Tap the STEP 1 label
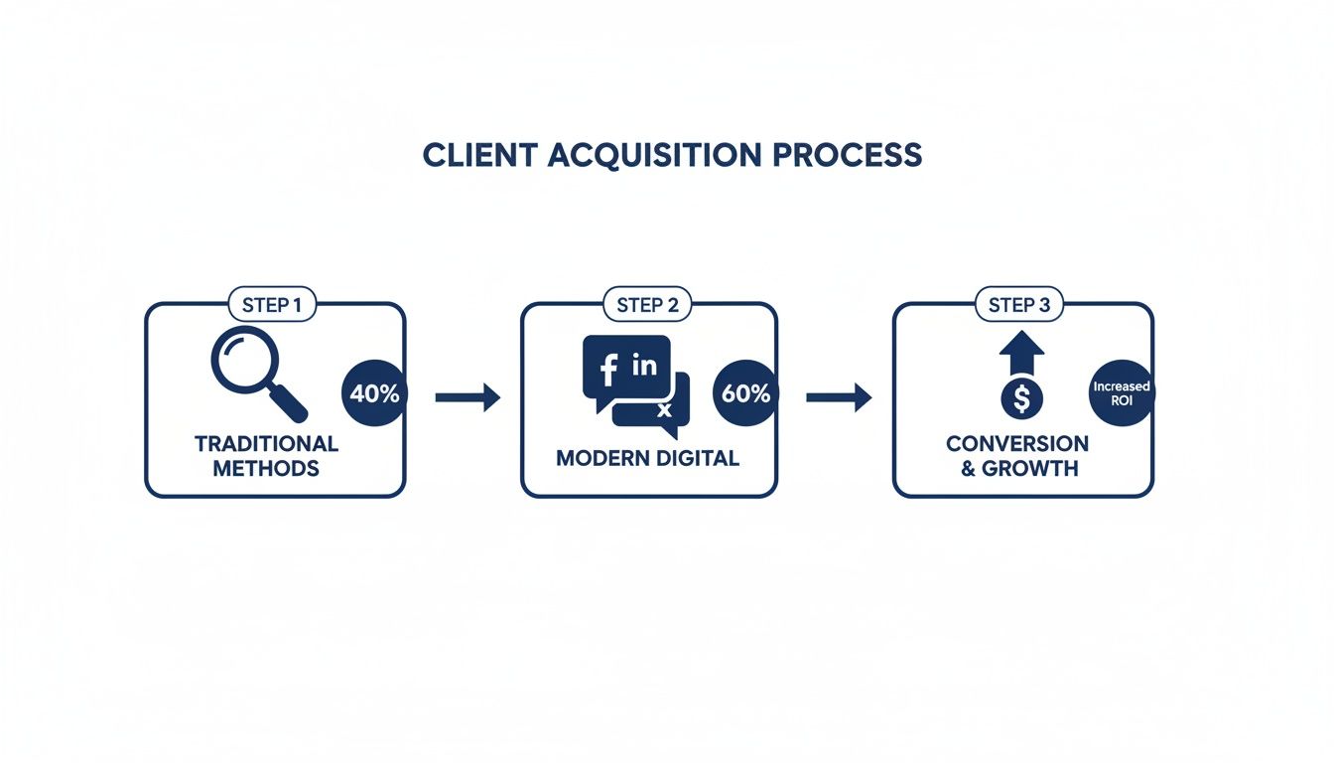272,305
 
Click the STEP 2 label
647,305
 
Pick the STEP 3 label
1018,305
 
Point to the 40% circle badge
374,393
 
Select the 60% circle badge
745,393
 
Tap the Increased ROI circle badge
1121,393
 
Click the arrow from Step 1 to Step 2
467,397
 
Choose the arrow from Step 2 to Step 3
838,397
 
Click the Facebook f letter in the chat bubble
608,370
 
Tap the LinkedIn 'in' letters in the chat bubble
644,366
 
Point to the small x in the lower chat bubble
665,409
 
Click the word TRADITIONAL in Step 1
266,443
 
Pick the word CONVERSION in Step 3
1016,443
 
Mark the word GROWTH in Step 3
1029,468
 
